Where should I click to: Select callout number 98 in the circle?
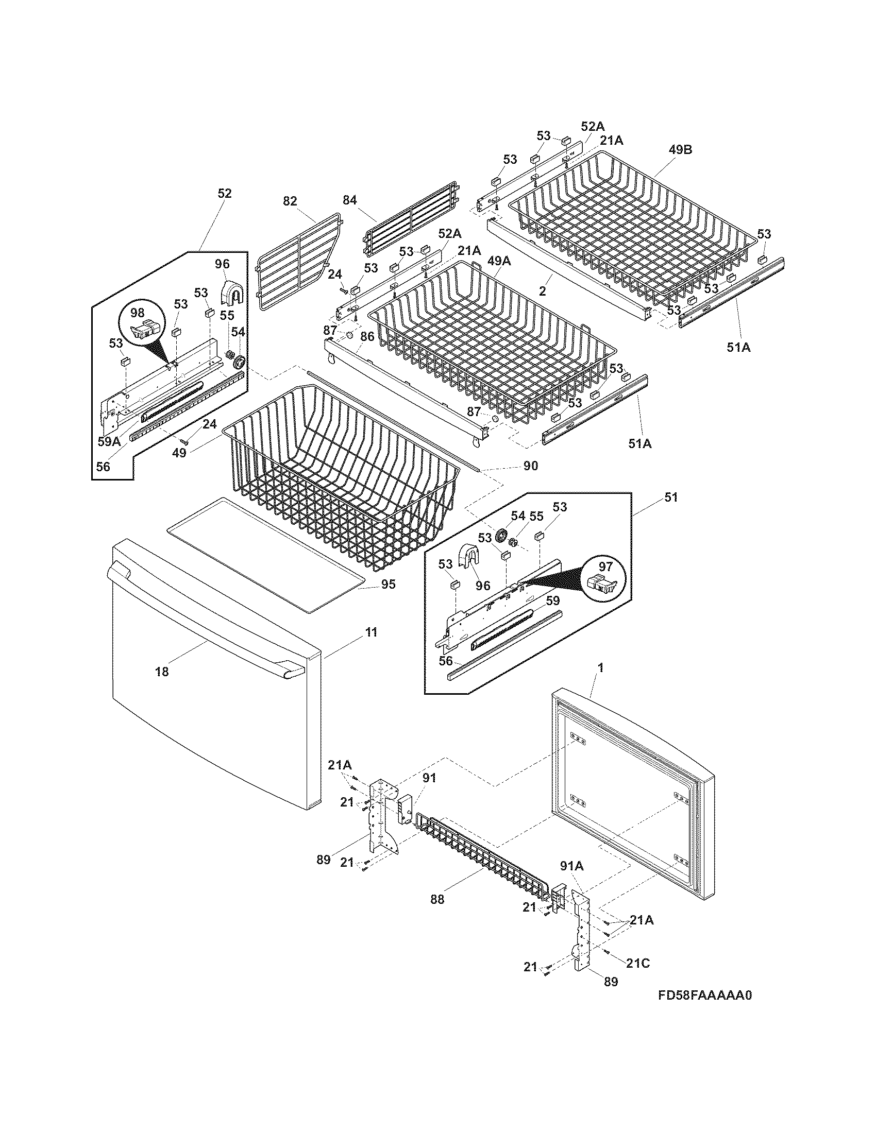coord(137,313)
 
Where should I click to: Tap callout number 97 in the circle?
coord(605,566)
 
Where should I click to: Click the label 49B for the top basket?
coord(680,150)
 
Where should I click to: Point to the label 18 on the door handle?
coord(162,672)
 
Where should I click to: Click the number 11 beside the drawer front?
coord(371,632)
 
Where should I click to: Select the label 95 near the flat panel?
coord(388,584)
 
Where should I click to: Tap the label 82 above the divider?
coord(290,201)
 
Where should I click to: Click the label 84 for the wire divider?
coord(350,200)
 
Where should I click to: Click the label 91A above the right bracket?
coord(572,866)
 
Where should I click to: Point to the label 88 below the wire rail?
coord(437,900)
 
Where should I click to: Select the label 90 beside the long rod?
coord(530,466)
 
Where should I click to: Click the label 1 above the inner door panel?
coord(601,668)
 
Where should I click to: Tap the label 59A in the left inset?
coord(109,441)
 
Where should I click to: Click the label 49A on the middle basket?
coord(499,261)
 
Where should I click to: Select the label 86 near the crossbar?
coord(367,336)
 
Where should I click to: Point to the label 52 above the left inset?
coord(224,193)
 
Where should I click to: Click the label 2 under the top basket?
coord(543,290)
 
